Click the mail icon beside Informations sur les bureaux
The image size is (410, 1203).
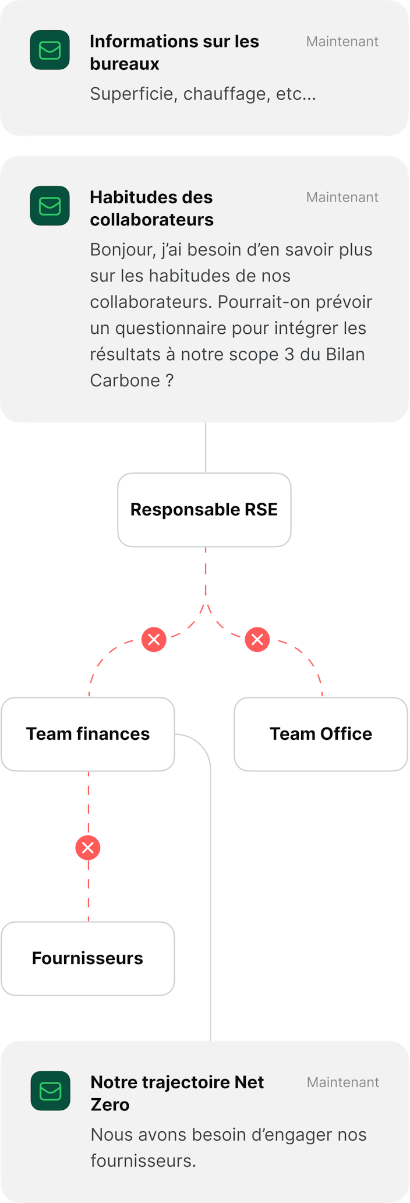coord(50,50)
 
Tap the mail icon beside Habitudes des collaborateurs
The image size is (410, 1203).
coord(50,206)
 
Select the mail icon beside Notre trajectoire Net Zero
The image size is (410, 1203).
coord(50,1091)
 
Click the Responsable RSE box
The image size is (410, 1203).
coord(204,510)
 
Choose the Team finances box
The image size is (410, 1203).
coord(88,734)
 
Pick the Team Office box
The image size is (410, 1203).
coord(320,734)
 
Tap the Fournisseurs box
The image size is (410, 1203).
coord(87,958)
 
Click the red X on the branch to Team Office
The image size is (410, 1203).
coord(257,640)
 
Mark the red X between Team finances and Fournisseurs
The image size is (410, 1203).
coord(88,848)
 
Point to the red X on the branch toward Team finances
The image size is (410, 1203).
coord(154,640)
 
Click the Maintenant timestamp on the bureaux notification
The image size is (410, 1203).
coord(342,42)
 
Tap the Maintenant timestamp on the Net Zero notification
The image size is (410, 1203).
coord(342,1082)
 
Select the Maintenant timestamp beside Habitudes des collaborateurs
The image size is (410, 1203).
coord(342,197)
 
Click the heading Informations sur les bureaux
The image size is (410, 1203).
coord(174,52)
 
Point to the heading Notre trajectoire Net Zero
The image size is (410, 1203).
coord(176,1093)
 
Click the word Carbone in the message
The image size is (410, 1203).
coord(125,380)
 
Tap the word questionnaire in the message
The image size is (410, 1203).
coord(171,328)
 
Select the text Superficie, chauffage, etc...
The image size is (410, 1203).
coord(203,94)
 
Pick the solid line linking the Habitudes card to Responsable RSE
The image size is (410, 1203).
coord(206,447)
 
